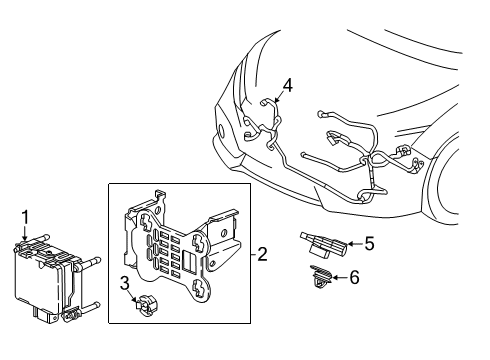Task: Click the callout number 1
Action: [x=25, y=214]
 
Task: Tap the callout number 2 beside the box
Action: [x=262, y=255]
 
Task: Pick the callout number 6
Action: [x=353, y=277]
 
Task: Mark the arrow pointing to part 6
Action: [x=337, y=278]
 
